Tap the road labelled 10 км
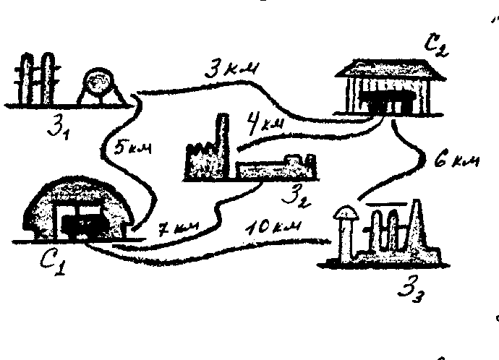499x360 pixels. (239, 248)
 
